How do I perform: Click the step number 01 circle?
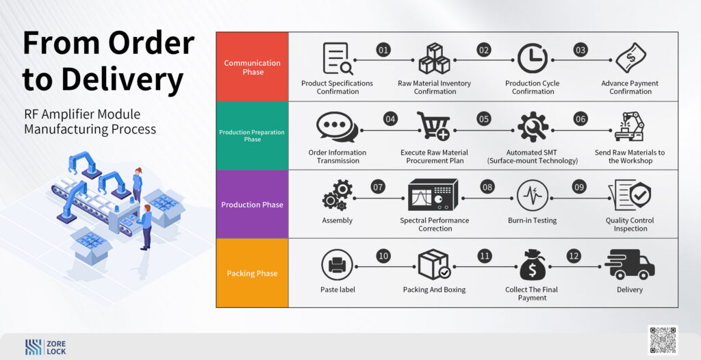pos(383,50)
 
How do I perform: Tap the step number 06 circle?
pos(581,118)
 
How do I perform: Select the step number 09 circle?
pos(579,187)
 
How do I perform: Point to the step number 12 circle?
pos(574,256)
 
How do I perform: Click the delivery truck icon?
pos(630,264)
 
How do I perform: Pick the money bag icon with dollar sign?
pos(533,265)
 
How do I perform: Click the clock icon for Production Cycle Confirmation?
pos(533,58)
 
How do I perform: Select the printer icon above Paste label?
pos(337,265)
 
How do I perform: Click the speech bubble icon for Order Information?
pos(337,127)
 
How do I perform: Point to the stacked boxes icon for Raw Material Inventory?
pos(434,58)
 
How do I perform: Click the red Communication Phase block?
pos(252,66)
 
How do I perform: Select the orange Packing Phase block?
pos(252,273)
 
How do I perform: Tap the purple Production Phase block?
pos(252,204)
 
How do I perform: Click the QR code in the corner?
pos(663,340)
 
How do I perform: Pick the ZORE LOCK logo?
pos(46,347)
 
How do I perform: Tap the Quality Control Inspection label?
pos(630,224)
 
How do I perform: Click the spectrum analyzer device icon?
pos(433,194)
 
